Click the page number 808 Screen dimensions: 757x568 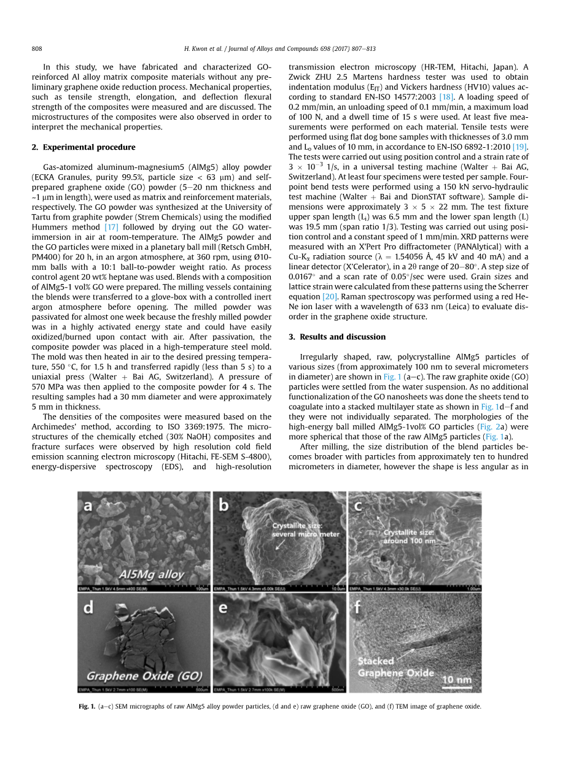tap(36, 48)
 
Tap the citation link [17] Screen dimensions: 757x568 tap(111, 227)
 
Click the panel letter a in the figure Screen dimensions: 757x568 tap(88, 505)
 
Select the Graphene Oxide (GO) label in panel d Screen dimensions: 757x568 tap(144, 676)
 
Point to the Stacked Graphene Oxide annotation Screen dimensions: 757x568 tap(395, 667)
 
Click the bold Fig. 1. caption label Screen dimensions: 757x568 tap(87, 707)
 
